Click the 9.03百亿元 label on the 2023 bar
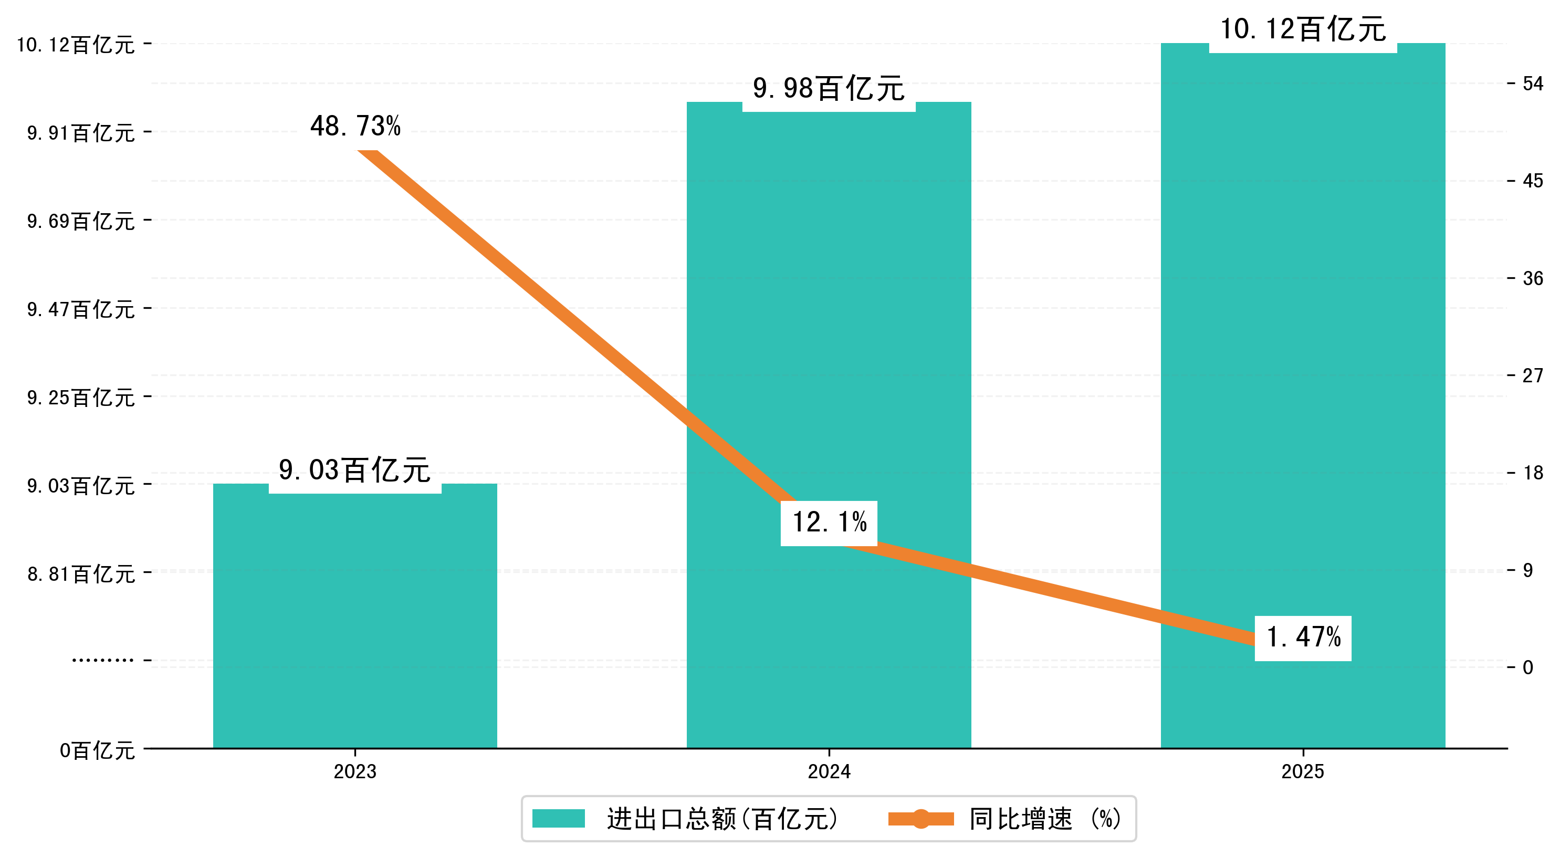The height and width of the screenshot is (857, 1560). [x=355, y=471]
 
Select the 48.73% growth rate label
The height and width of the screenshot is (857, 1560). [x=355, y=127]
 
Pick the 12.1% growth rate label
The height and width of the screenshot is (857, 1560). [x=829, y=522]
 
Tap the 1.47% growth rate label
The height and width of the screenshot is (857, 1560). [x=1303, y=637]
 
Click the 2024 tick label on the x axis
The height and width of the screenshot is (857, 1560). [x=829, y=771]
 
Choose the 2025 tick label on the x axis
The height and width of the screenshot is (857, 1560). [x=1303, y=771]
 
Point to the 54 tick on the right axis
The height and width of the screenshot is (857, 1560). [x=1533, y=83]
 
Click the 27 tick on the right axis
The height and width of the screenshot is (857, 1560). [x=1533, y=375]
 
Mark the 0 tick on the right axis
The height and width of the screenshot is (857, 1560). [x=1528, y=667]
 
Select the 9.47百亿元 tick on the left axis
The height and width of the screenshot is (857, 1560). [x=80, y=309]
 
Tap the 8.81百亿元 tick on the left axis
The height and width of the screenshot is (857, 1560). [x=80, y=573]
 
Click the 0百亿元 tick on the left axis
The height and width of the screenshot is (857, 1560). [x=97, y=750]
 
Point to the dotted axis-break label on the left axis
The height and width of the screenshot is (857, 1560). [x=103, y=660]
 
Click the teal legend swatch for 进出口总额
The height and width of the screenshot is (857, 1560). [x=558, y=819]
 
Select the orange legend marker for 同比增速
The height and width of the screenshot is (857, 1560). [x=920, y=819]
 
